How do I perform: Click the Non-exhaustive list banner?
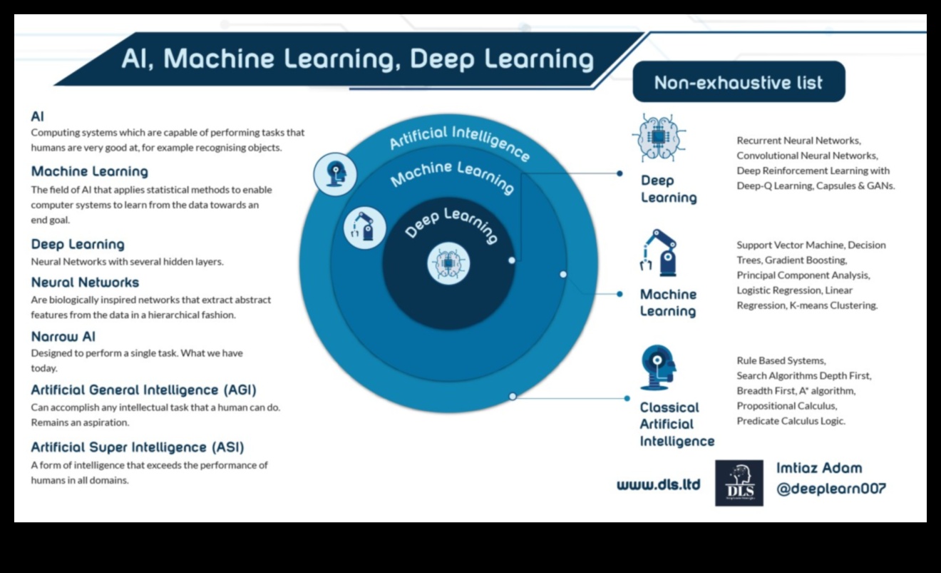pyautogui.click(x=739, y=82)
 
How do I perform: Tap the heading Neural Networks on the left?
pyautogui.click(x=85, y=283)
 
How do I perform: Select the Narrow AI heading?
pyautogui.click(x=63, y=336)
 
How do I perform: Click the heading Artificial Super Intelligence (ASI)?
pyautogui.click(x=138, y=447)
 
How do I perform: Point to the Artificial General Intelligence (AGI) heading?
pyautogui.click(x=143, y=390)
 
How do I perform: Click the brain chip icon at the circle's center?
pyautogui.click(x=448, y=263)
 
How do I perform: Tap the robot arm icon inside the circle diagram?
pyautogui.click(x=364, y=228)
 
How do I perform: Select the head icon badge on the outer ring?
pyautogui.click(x=335, y=174)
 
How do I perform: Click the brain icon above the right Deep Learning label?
pyautogui.click(x=659, y=138)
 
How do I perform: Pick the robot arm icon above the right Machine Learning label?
pyautogui.click(x=659, y=253)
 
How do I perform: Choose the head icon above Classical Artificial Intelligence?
pyautogui.click(x=657, y=367)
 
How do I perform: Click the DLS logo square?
pyautogui.click(x=739, y=483)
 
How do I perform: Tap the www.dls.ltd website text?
pyautogui.click(x=658, y=485)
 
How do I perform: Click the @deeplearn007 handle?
pyautogui.click(x=831, y=489)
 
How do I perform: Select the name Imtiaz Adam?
pyautogui.click(x=819, y=468)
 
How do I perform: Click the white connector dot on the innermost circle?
pyautogui.click(x=511, y=260)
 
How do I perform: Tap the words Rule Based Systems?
pyautogui.click(x=781, y=360)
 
